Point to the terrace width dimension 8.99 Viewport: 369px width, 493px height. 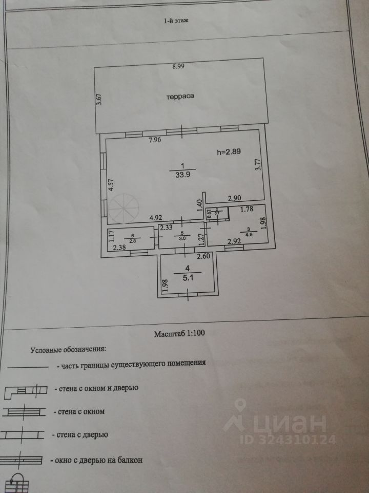tap(178, 66)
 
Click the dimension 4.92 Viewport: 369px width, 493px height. tap(156, 218)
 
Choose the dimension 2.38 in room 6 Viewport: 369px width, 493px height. tap(120, 248)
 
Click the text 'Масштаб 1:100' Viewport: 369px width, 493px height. tap(179, 333)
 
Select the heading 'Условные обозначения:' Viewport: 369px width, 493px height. tap(68, 350)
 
